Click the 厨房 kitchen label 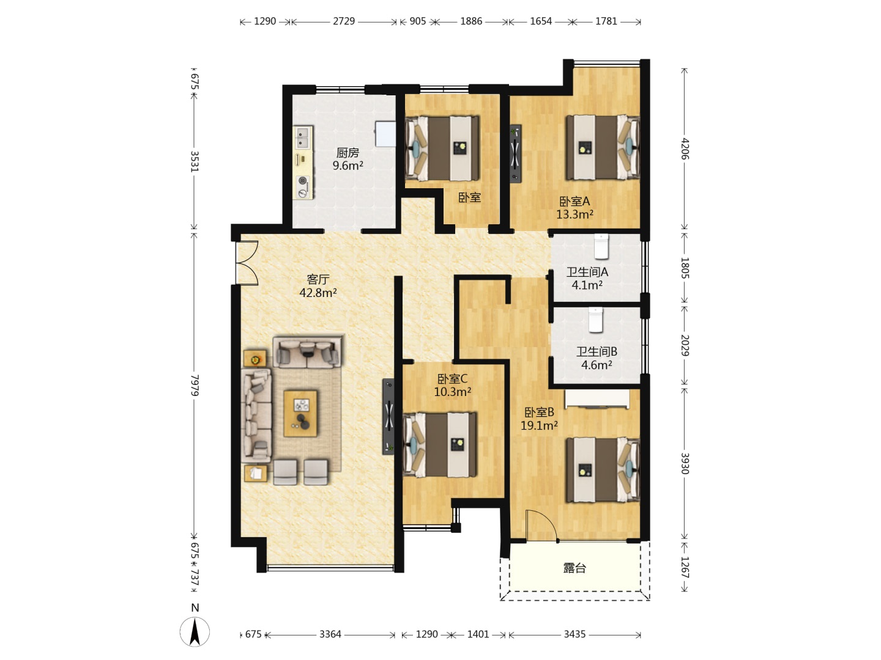click(347, 153)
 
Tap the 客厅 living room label click(318, 279)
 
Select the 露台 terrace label click(574, 568)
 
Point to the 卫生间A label click(587, 272)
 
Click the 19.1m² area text click(539, 425)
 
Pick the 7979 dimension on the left click(195, 385)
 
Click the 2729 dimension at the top click(344, 21)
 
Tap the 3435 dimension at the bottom click(574, 634)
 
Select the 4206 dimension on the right click(685, 148)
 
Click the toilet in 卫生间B click(596, 320)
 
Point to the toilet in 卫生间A click(601, 246)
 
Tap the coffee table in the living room click(300, 414)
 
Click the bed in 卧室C click(440, 445)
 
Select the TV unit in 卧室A click(515, 153)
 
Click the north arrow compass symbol click(195, 632)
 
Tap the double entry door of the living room click(247, 263)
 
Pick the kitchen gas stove click(303, 187)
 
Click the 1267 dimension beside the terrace click(685, 567)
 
